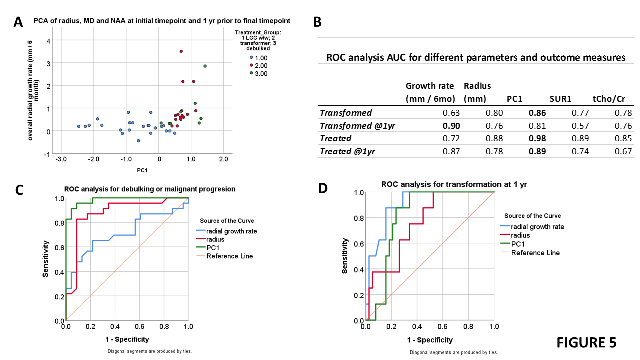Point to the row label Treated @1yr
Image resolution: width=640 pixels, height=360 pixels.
click(347, 151)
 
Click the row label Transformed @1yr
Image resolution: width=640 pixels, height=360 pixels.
click(357, 126)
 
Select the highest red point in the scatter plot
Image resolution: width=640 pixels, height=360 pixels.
click(181, 51)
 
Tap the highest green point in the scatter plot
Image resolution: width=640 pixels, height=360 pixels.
click(205, 66)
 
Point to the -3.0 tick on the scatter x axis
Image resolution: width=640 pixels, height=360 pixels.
click(61, 159)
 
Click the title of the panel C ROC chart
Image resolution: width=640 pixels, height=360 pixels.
click(150, 189)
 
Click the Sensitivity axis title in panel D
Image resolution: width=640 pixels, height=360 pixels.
click(345, 255)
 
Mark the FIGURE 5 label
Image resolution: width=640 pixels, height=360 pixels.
click(586, 342)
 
